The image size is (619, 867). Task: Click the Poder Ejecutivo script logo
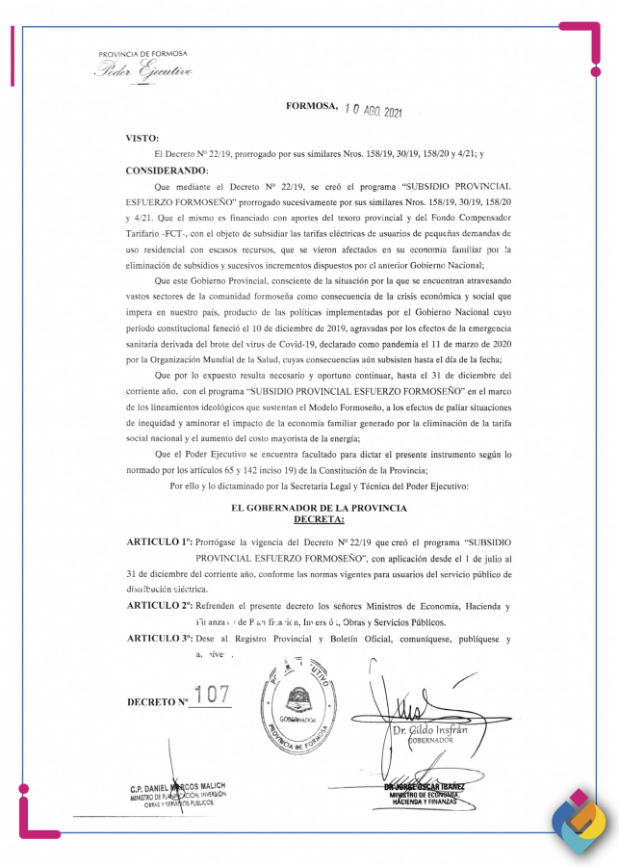pos(142,70)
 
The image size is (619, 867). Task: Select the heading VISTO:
pos(142,139)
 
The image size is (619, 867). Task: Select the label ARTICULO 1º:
pos(161,543)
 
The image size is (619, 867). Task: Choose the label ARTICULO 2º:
pos(161,606)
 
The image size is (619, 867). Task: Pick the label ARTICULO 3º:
pos(161,639)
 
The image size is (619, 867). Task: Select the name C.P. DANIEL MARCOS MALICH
pos(178,787)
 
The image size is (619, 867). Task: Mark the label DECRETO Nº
pos(157,701)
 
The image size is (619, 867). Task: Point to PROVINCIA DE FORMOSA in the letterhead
pos(142,53)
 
